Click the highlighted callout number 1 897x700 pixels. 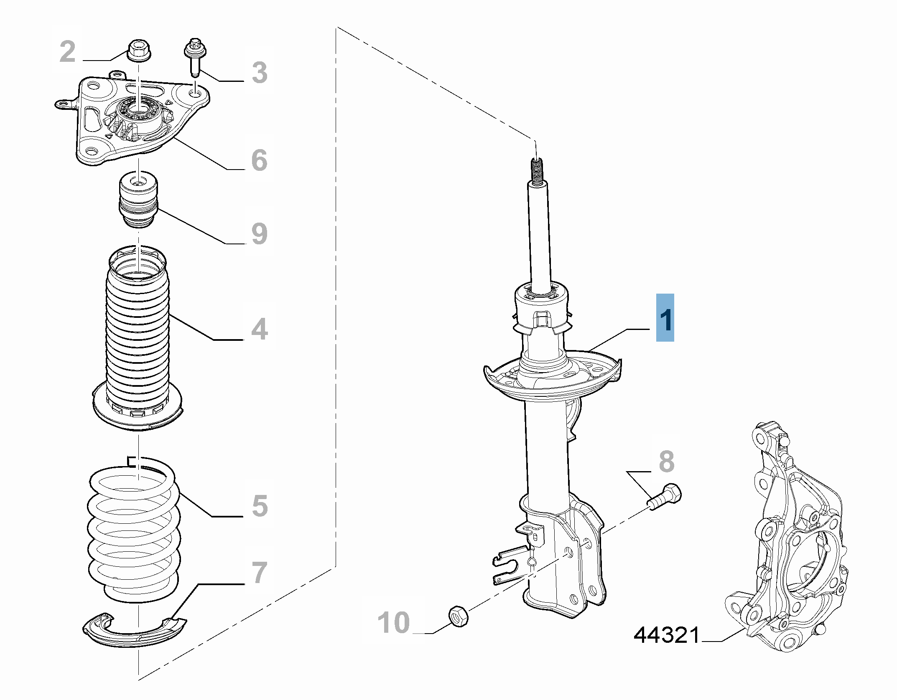(x=665, y=318)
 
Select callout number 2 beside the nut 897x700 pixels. (x=67, y=52)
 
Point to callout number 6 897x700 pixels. (x=259, y=160)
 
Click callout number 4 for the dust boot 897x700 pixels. (x=259, y=329)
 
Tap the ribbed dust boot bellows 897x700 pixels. (x=138, y=334)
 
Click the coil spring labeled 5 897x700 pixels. (x=134, y=535)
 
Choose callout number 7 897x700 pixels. (x=259, y=573)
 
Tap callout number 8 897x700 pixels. (x=666, y=462)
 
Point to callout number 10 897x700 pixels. (x=393, y=623)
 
